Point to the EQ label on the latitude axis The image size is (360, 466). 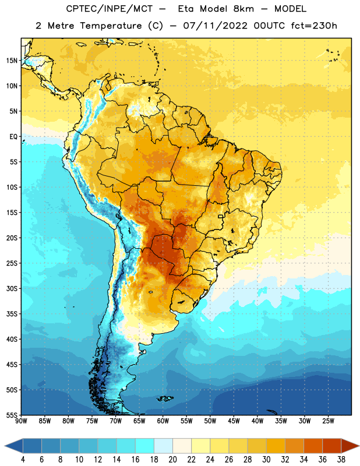tap(13, 137)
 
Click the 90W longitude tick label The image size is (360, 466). tap(22, 421)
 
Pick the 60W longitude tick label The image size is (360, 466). tap(163, 421)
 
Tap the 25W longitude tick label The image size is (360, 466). tap(328, 421)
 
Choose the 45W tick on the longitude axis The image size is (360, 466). tap(234, 421)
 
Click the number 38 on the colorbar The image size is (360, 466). tap(341, 460)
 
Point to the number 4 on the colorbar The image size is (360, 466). tap(23, 460)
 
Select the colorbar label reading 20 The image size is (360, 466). tap(172, 460)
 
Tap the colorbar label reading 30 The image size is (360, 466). tap(266, 460)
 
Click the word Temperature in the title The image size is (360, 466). tap(111, 26)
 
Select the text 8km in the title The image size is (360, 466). tap(243, 9)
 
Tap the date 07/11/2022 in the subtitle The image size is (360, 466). tap(215, 26)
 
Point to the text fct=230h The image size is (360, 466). tap(314, 26)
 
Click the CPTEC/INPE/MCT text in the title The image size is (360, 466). tap(110, 9)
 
